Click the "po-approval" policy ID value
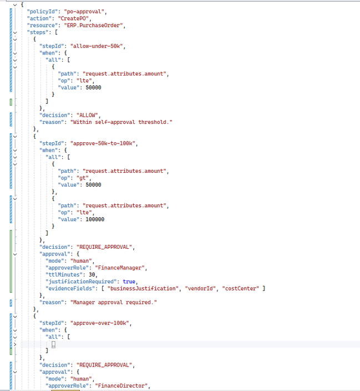85,12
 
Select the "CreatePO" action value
74,18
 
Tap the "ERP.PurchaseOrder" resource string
95,26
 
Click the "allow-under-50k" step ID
98,46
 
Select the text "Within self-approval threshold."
121,122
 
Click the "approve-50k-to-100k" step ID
104,143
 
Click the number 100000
95,219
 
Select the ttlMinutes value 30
92,275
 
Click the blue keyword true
129,282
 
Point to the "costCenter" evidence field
240,288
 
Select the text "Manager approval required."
114,303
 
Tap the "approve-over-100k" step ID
101,323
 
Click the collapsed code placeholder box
53,344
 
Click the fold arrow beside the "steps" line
15,32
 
